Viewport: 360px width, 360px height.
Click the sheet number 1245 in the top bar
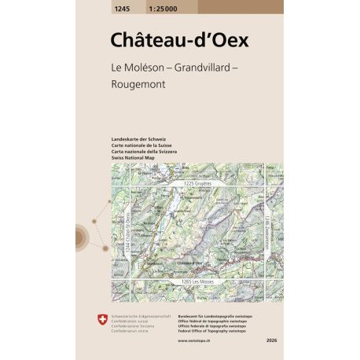point(101,6)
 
